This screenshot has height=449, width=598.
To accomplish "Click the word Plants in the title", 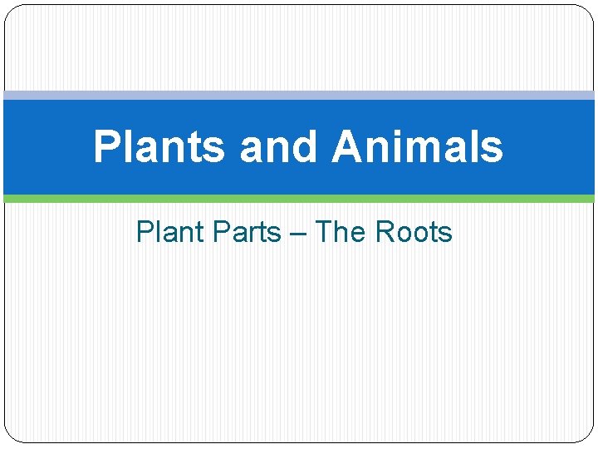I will coord(159,147).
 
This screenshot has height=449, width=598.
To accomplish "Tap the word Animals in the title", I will coord(417,147).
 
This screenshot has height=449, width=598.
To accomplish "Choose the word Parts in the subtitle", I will coord(247,232).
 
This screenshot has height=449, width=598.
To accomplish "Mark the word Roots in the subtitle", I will coord(414,232).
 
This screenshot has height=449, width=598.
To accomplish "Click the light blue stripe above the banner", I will coord(299,96).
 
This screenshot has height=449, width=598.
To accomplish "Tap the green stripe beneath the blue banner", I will coord(299,199).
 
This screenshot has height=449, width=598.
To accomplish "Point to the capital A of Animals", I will coord(347,147).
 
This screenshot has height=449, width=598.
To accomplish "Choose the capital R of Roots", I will coord(385,232).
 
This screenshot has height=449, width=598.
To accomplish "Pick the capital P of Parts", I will coord(221,232).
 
